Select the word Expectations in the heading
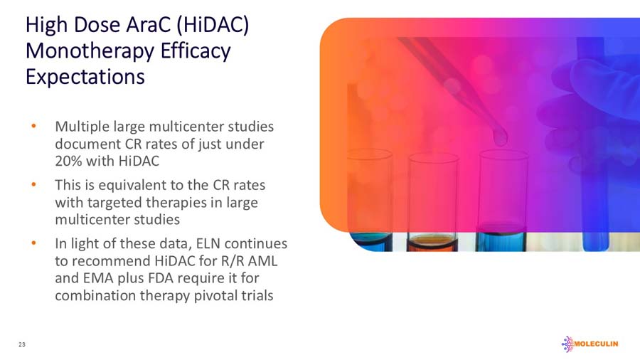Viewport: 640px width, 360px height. pos(85,76)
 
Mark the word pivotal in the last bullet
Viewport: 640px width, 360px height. pos(217,295)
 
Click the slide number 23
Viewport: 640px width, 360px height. pos(22,345)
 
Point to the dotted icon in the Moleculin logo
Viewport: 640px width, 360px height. pos(567,344)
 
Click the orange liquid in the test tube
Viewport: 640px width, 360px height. pos(432,242)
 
